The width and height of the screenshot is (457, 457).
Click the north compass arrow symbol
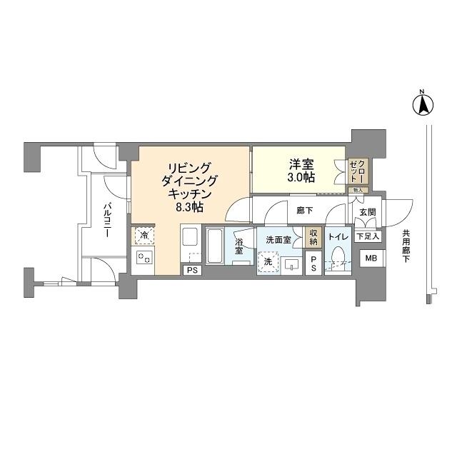(x=422, y=105)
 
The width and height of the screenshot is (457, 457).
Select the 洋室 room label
(x=299, y=162)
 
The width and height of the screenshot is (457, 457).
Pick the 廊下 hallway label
(x=305, y=211)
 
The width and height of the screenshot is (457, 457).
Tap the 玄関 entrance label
(x=367, y=212)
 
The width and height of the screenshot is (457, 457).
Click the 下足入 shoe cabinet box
(x=368, y=236)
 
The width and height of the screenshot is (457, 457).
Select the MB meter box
(x=371, y=258)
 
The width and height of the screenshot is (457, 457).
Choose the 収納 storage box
(x=313, y=237)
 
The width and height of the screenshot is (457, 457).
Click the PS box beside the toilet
(x=313, y=262)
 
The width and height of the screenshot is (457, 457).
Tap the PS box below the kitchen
(x=192, y=270)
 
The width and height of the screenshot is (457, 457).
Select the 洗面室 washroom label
(x=278, y=240)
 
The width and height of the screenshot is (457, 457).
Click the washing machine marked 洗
(x=268, y=262)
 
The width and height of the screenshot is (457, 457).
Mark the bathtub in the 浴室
(x=216, y=246)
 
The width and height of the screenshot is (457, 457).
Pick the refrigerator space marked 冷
(x=144, y=236)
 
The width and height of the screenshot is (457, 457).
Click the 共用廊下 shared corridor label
(x=406, y=246)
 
